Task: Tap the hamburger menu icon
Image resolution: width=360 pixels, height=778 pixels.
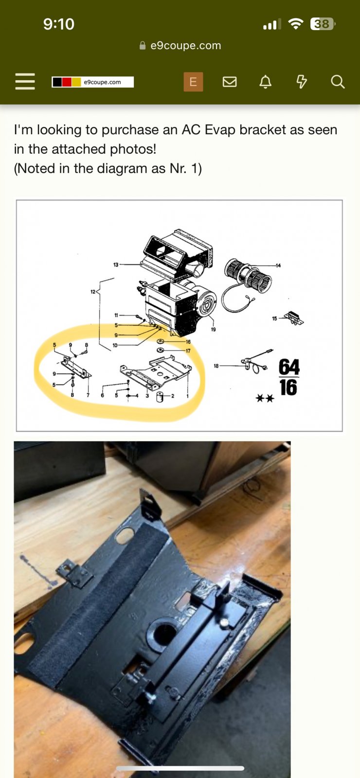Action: pyautogui.click(x=25, y=82)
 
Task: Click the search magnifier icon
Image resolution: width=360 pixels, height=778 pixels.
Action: pyautogui.click(x=338, y=82)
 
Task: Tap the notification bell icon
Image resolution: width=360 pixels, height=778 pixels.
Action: pyautogui.click(x=266, y=82)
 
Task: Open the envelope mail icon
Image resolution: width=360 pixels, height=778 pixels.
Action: pyautogui.click(x=229, y=82)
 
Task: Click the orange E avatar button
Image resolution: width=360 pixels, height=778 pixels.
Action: pyautogui.click(x=193, y=82)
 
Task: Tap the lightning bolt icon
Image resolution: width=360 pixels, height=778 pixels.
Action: pyautogui.click(x=301, y=82)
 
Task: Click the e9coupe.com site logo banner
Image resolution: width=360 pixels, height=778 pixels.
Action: pyautogui.click(x=93, y=82)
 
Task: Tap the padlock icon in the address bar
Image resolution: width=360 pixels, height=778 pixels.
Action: pyautogui.click(x=143, y=46)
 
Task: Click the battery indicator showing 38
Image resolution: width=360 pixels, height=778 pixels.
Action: pyautogui.click(x=322, y=24)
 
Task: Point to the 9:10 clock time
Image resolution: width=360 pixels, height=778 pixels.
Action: pyautogui.click(x=59, y=24)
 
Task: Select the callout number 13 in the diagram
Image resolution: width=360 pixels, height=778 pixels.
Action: pyautogui.click(x=116, y=265)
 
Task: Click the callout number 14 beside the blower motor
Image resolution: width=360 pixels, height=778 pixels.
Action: pyautogui.click(x=278, y=265)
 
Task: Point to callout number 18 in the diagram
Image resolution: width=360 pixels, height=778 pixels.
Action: pyautogui.click(x=216, y=366)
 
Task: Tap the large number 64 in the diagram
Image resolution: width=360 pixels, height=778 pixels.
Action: pyautogui.click(x=289, y=367)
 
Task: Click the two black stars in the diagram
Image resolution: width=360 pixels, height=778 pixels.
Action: pyautogui.click(x=265, y=398)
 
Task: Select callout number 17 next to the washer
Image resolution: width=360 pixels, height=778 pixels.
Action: pyautogui.click(x=188, y=351)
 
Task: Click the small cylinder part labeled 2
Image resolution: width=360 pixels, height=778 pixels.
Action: pyautogui.click(x=160, y=397)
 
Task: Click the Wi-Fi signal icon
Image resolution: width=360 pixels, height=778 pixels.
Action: pyautogui.click(x=296, y=24)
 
